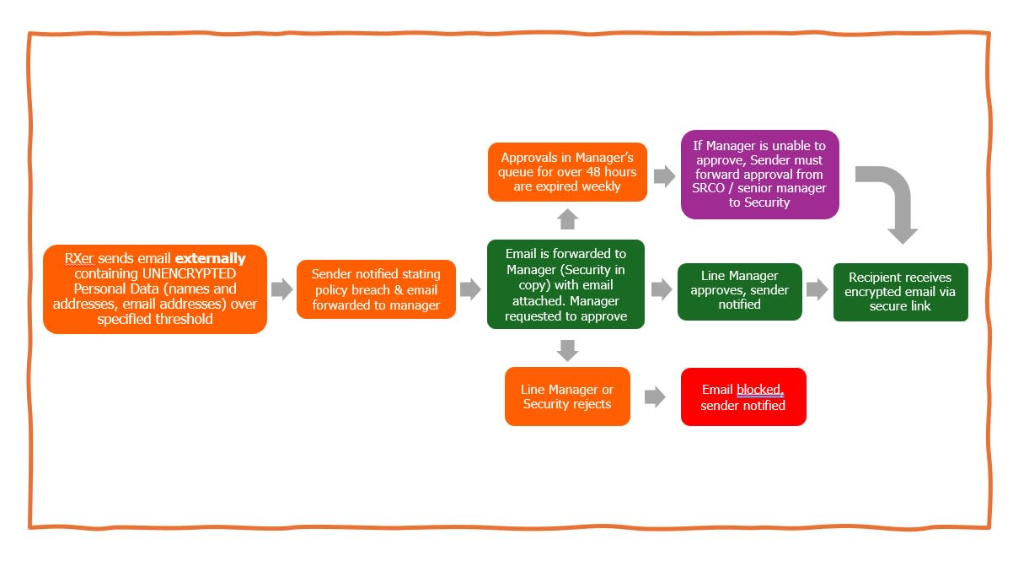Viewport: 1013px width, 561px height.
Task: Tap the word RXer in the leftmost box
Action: coord(79,258)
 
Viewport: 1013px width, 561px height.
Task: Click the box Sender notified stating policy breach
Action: coord(376,289)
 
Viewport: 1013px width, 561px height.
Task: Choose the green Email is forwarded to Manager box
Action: coord(565,284)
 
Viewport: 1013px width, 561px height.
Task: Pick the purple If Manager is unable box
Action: coord(759,175)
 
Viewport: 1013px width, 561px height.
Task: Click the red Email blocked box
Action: coord(742,396)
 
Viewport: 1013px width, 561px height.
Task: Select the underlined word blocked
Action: coord(759,390)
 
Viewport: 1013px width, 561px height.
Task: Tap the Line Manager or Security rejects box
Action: coord(567,396)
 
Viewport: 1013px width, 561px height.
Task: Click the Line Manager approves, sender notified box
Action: coord(739,291)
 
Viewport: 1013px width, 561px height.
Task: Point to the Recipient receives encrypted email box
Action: coord(900,292)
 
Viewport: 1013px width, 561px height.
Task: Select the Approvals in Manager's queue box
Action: coord(567,172)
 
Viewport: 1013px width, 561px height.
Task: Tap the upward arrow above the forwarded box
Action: coord(567,219)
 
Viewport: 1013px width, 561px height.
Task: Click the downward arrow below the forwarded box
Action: coord(567,349)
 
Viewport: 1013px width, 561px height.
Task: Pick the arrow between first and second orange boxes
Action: coord(281,289)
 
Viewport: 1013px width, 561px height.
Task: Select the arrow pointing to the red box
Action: coord(655,396)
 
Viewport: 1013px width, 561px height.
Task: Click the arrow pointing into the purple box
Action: coord(664,175)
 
